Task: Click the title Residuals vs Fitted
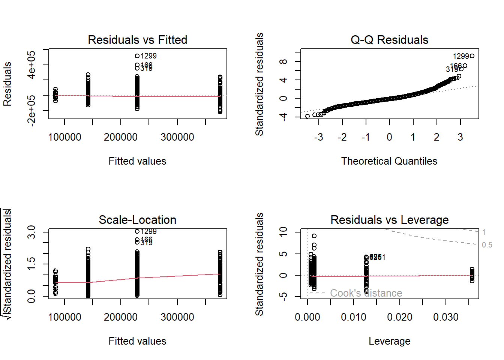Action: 137,40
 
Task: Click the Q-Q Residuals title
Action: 389,40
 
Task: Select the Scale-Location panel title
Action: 137,220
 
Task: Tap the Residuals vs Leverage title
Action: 389,220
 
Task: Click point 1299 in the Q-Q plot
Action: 472,56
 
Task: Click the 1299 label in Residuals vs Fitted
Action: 148,56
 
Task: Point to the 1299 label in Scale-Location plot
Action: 148,231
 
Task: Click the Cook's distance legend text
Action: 366,293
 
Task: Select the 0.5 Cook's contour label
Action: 487,245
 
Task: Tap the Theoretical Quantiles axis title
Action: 389,161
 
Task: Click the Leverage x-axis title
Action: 389,341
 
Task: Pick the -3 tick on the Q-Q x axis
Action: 319,137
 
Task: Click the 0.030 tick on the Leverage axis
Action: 445,317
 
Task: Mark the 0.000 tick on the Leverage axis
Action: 307,317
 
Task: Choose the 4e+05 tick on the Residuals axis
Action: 31,65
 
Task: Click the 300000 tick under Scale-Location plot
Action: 177,317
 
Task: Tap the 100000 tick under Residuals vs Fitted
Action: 64,137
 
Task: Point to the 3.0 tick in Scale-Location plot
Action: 31,232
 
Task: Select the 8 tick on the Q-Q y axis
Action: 283,61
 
